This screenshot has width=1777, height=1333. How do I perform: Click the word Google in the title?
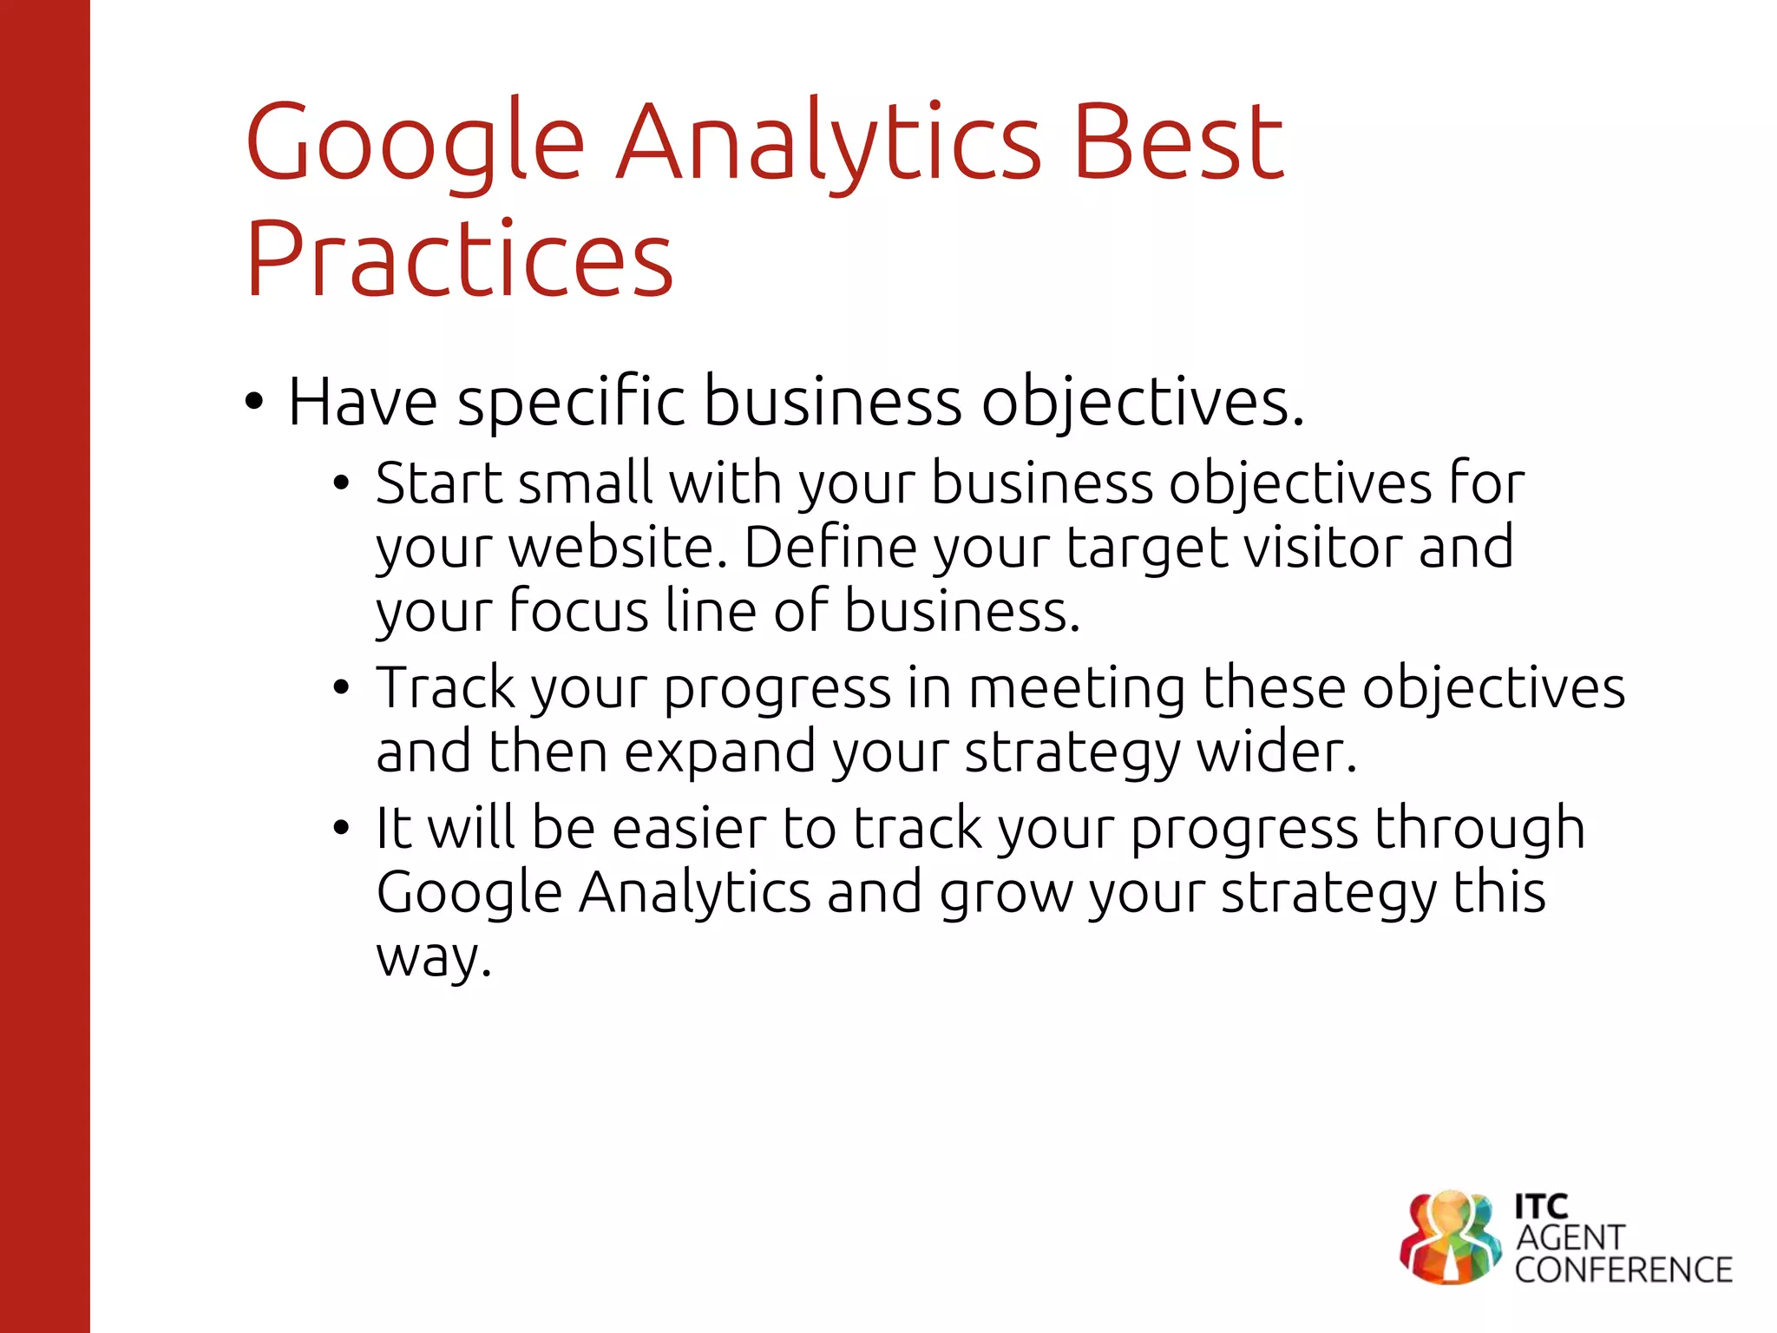415,143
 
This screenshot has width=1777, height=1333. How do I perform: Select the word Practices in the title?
460,259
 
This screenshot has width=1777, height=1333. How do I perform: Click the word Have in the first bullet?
363,402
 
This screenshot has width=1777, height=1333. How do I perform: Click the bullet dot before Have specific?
253,402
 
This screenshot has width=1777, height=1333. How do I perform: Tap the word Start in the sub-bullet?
438,483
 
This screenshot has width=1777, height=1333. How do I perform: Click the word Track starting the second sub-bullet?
445,687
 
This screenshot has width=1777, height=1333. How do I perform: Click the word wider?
1276,752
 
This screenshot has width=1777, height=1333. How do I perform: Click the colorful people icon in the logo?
1450,1238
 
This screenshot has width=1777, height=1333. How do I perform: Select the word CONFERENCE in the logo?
1623,1270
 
